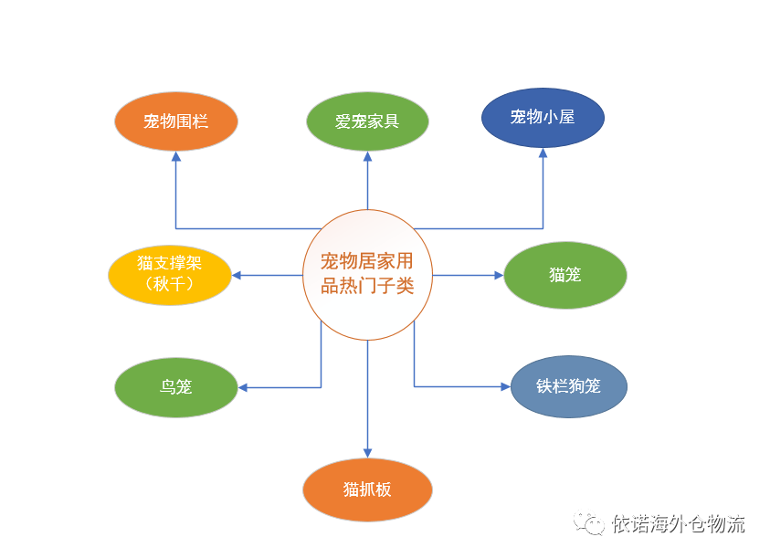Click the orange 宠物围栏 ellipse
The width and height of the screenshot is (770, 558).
(175, 121)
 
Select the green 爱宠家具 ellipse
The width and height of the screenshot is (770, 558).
(367, 121)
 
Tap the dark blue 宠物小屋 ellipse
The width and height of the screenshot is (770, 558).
(543, 118)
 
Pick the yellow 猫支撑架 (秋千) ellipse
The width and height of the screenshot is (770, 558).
(169, 275)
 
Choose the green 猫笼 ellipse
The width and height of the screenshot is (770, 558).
(565, 275)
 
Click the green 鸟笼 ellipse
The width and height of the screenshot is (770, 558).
(175, 387)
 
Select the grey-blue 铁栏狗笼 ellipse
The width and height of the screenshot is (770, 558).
(569, 386)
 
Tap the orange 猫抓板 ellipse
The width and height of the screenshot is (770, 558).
(367, 490)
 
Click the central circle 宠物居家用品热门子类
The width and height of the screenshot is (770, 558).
(367, 275)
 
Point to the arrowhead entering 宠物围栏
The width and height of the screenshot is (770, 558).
(175, 156)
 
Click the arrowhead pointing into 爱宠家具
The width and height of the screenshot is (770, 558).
(367, 156)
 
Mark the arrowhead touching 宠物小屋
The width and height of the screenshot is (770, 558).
(543, 153)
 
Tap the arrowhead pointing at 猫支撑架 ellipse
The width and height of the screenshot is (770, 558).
(237, 275)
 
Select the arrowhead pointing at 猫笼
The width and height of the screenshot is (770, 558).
(499, 275)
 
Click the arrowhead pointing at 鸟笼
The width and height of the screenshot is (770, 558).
(243, 387)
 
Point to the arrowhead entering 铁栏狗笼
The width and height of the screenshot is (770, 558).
(506, 386)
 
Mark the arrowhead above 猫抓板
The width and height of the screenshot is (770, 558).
(367, 453)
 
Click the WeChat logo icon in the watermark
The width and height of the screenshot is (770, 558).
(589, 523)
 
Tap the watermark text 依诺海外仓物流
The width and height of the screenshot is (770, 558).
(678, 523)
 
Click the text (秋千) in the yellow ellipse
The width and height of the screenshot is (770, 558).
(169, 284)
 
